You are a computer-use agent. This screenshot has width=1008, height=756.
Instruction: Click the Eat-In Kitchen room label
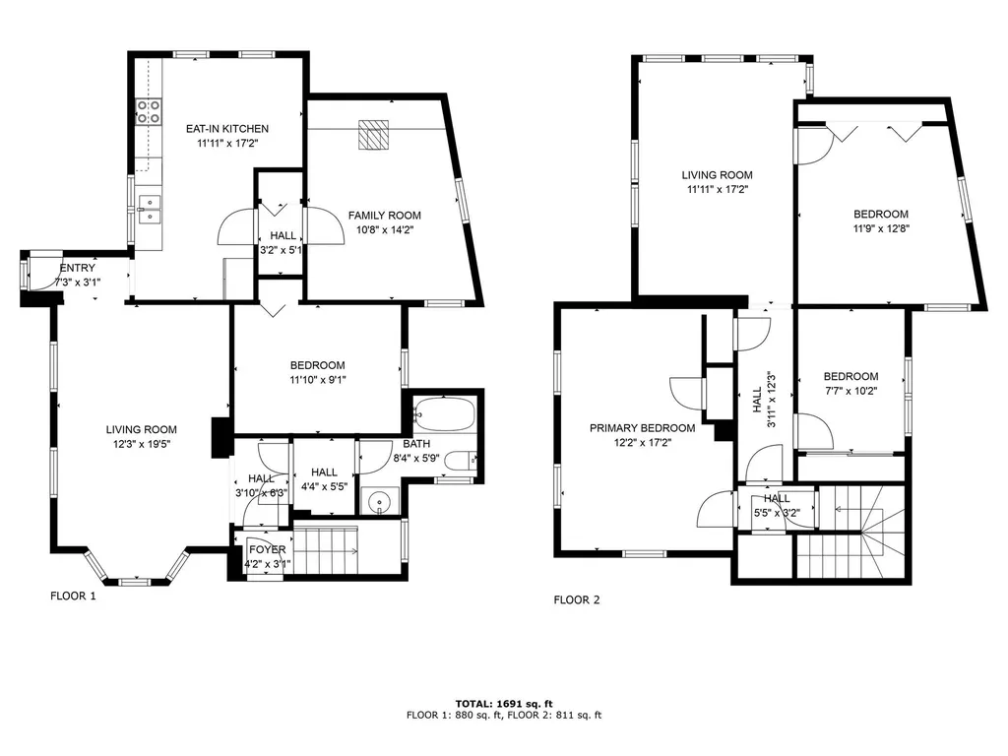click(227, 129)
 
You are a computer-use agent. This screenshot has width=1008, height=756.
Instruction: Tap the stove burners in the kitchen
click(149, 111)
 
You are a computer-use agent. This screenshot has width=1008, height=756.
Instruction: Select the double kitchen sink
click(150, 210)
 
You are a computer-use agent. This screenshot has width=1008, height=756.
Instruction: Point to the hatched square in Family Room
click(373, 134)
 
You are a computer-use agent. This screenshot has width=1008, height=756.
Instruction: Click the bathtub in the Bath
click(444, 414)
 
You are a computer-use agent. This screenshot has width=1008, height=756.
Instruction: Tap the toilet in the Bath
click(461, 461)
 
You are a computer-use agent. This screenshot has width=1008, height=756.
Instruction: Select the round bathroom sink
click(379, 501)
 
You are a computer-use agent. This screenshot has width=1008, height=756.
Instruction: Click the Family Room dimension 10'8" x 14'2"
click(385, 229)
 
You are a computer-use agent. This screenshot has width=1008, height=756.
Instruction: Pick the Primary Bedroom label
click(642, 428)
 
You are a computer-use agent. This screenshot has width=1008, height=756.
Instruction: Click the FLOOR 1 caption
click(73, 596)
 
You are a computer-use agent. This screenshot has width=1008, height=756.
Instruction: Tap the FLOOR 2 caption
click(577, 599)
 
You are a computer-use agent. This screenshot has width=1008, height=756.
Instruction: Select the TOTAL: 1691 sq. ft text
click(504, 704)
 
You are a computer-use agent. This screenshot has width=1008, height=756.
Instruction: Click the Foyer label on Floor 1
click(268, 549)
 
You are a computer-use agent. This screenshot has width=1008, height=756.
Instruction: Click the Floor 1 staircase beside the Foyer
click(326, 551)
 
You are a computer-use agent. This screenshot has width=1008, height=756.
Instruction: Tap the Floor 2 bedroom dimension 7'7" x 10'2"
click(851, 391)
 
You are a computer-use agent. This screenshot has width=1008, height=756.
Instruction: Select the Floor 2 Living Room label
click(717, 175)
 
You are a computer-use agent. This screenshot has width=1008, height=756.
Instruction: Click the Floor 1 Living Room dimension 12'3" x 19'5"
click(142, 444)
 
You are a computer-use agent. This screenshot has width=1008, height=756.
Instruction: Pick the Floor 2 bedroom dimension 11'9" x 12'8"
click(881, 228)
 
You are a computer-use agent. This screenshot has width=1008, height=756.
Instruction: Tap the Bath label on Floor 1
click(416, 444)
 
